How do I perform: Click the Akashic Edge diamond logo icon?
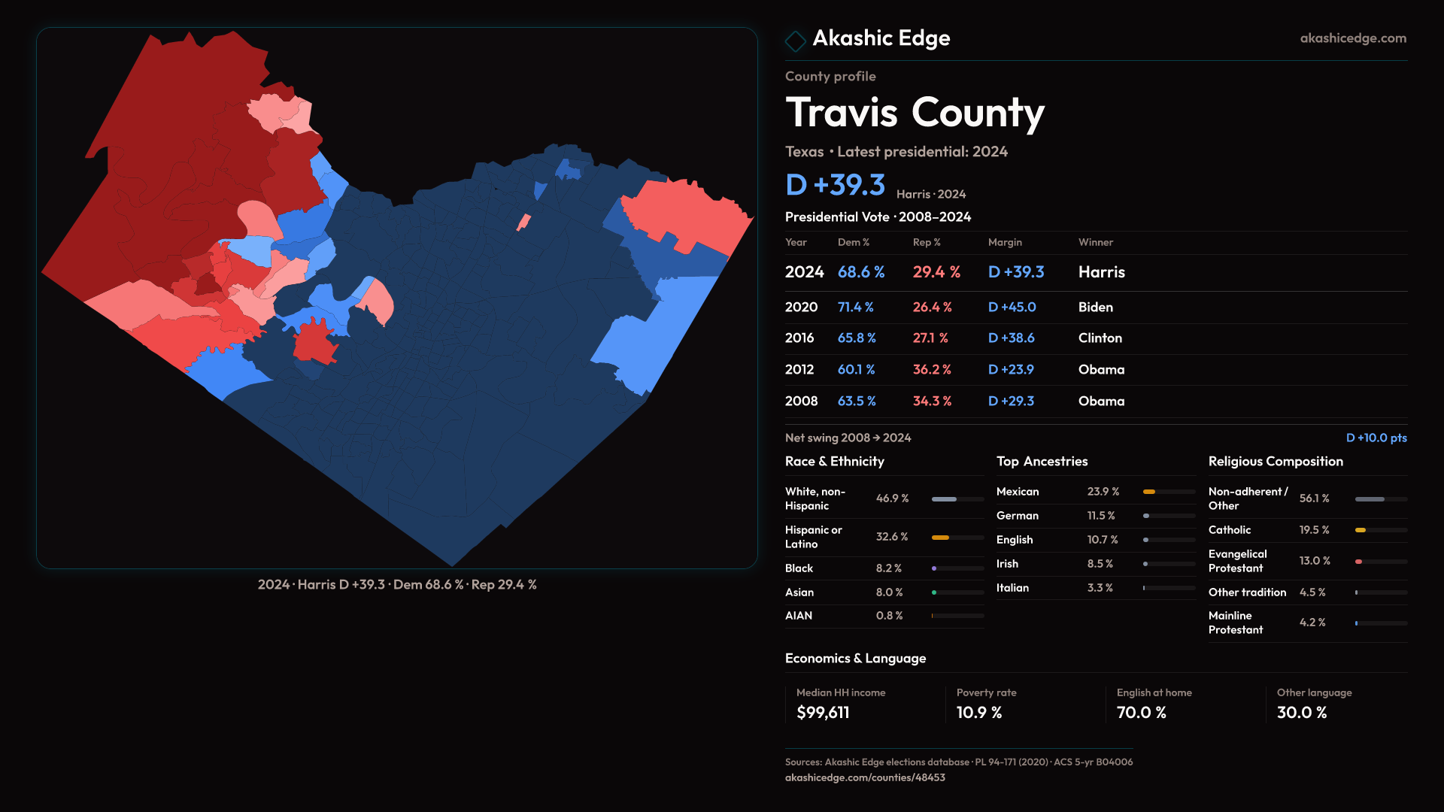[795, 41]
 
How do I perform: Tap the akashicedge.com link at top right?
[1352, 38]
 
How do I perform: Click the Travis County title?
[915, 113]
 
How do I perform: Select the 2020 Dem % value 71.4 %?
[855, 308]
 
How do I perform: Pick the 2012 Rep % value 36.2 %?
[931, 370]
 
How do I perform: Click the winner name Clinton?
[1100, 338]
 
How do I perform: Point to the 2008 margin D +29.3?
[1011, 401]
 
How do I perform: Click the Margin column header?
[1005, 243]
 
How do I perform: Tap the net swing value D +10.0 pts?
[1376, 438]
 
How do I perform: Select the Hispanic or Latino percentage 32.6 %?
[891, 537]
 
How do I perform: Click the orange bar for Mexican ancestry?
[1148, 492]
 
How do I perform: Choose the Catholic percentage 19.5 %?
[1314, 530]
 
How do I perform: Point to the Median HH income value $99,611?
[823, 713]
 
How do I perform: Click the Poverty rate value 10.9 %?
[978, 713]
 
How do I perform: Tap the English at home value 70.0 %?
[1141, 713]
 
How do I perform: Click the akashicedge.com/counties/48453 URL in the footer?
[865, 778]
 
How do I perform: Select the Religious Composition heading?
[1275, 462]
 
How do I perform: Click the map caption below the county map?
[397, 585]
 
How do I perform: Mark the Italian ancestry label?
[1012, 588]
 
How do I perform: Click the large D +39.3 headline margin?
[835, 185]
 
